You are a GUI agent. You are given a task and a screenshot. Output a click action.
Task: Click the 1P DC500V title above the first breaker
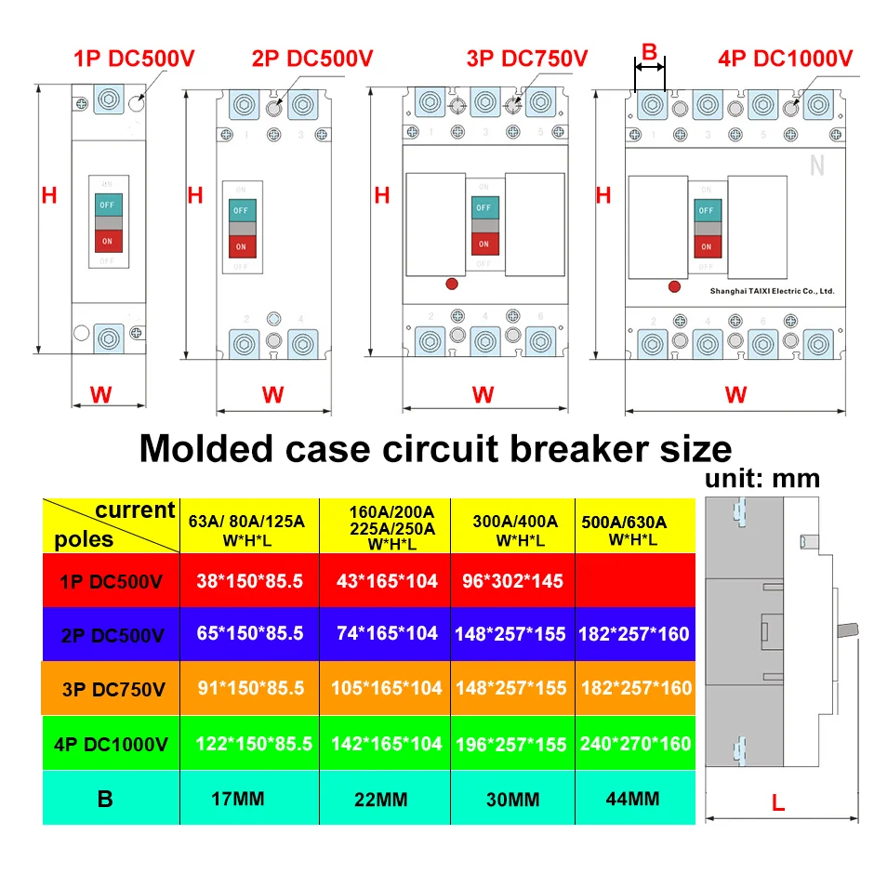[x=134, y=59]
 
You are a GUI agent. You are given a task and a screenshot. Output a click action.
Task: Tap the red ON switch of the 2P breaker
[x=241, y=246]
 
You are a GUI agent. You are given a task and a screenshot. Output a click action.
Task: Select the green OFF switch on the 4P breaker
[x=707, y=210]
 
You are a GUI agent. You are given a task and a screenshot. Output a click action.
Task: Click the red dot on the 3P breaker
[x=453, y=284]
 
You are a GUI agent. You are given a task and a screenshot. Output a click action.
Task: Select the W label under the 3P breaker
[x=483, y=395]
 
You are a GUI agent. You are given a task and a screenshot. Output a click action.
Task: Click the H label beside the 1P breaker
[x=49, y=195]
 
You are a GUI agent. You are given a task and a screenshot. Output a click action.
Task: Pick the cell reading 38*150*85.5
[x=249, y=581]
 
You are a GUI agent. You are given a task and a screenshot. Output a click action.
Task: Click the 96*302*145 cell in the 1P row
[x=512, y=581]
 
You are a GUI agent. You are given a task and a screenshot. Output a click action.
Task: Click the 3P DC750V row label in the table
[x=111, y=689]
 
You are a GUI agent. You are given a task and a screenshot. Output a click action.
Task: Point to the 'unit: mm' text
[x=761, y=479]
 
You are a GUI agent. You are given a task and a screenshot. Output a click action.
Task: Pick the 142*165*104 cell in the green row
[x=384, y=744]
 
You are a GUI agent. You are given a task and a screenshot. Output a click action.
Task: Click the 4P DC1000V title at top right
[x=785, y=59]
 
